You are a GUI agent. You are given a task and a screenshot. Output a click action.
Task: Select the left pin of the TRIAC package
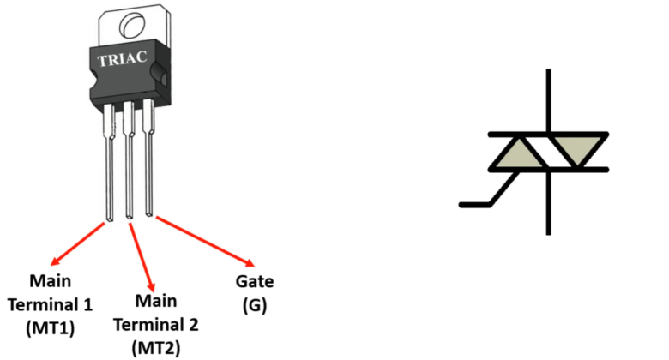(110, 171)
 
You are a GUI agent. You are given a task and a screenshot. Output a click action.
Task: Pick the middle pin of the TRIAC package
(130, 171)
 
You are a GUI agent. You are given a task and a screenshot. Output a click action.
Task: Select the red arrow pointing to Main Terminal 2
(142, 257)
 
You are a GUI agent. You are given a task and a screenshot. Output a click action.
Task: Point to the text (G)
(254, 304)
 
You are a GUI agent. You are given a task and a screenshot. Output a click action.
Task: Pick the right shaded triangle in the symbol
(580, 153)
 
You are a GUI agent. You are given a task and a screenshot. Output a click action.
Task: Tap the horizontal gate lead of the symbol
(476, 205)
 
